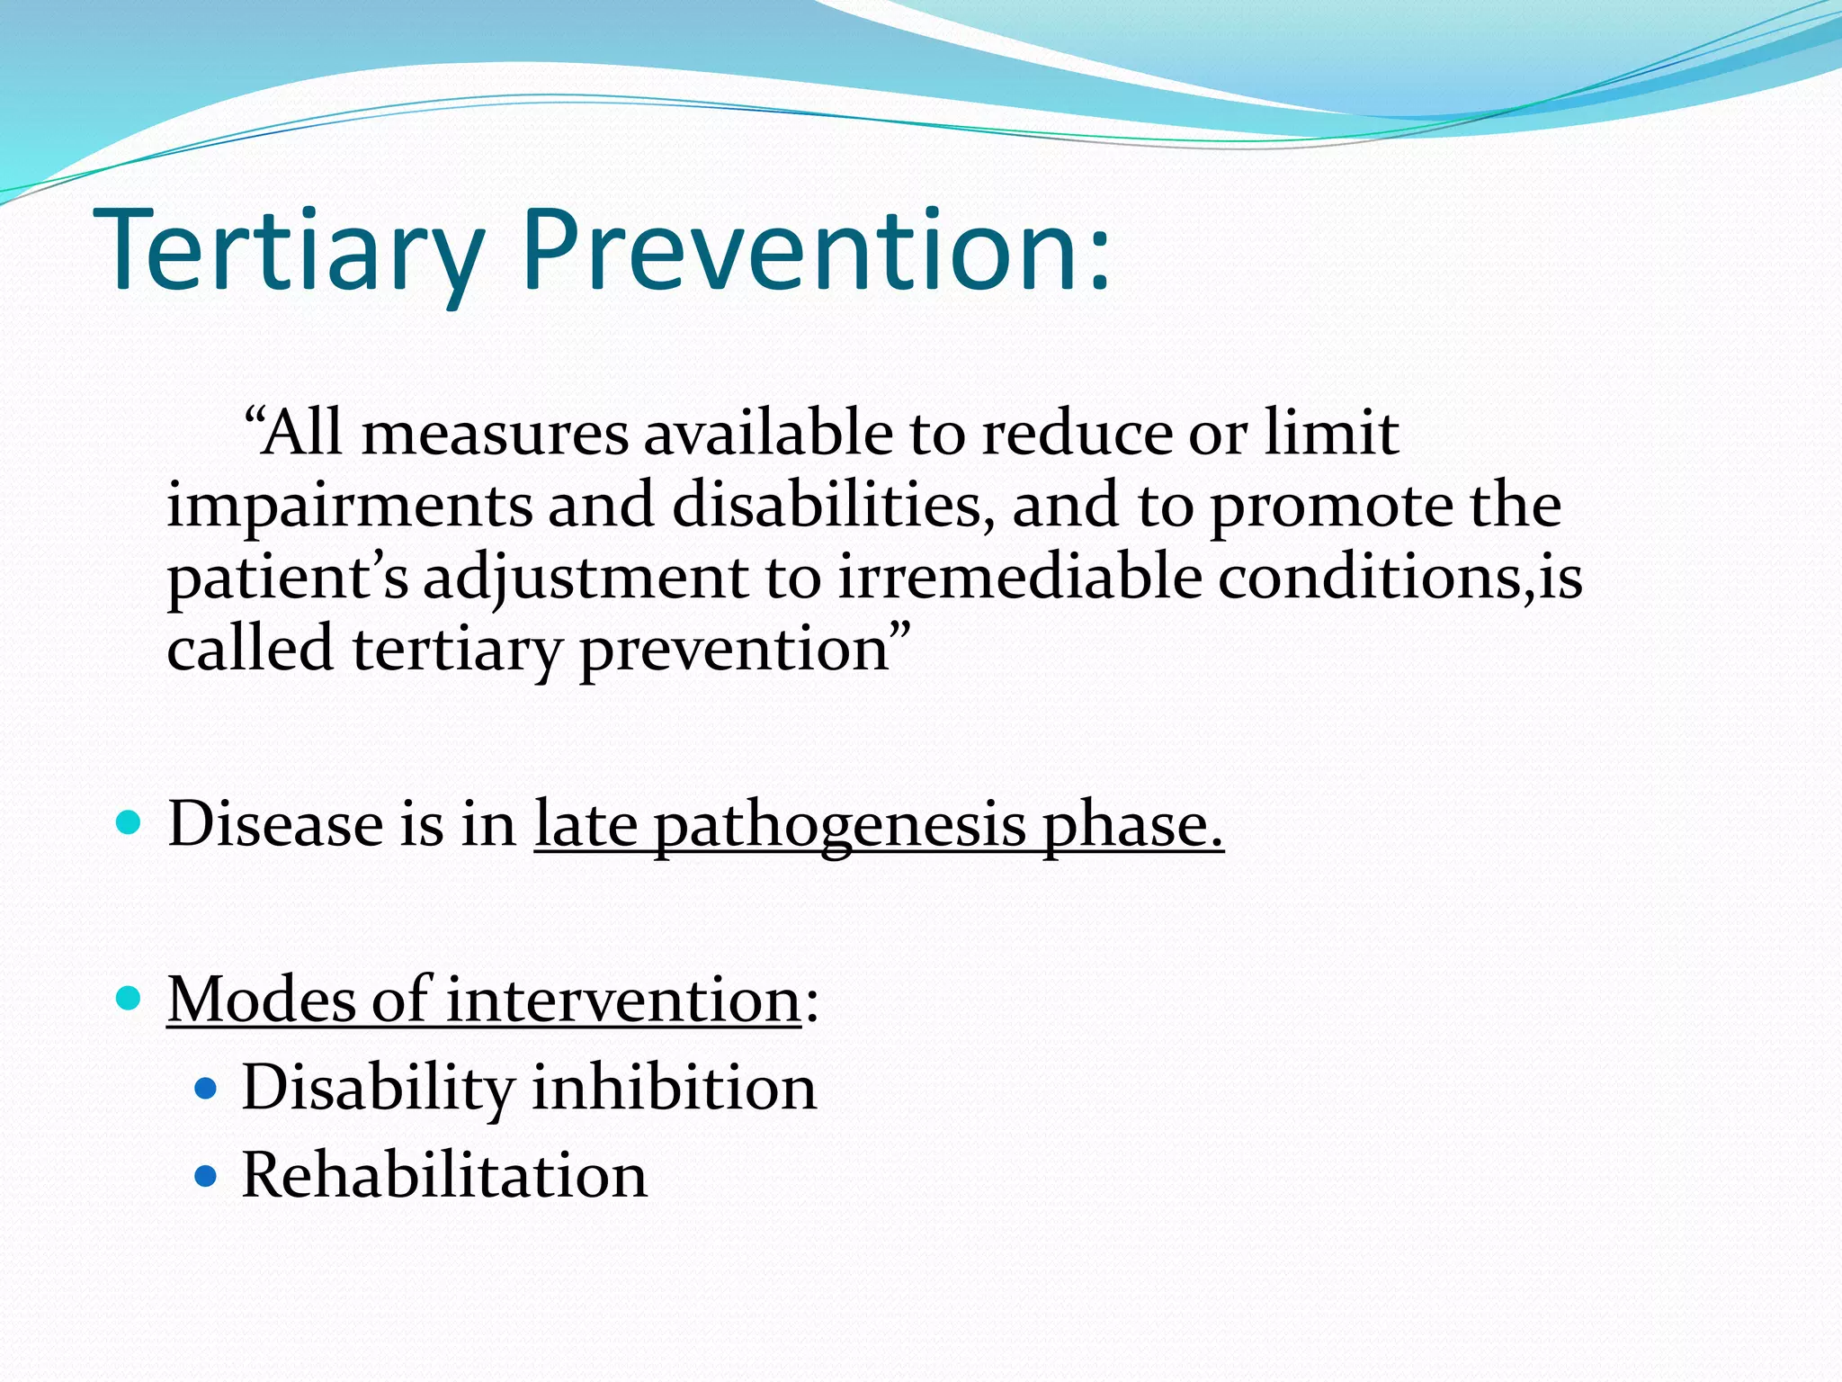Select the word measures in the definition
tap(495, 435)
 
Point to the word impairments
tap(350, 507)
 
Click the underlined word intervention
tap(622, 1001)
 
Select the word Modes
tap(262, 1000)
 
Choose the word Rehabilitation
tap(444, 1175)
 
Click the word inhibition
tap(674, 1088)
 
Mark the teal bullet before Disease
tap(130, 821)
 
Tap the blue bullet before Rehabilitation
tap(206, 1176)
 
